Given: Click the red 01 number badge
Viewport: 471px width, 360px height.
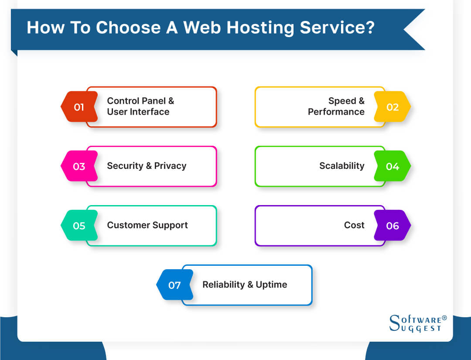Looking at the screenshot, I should pos(79,107).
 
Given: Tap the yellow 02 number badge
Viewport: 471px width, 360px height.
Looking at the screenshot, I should pos(392,107).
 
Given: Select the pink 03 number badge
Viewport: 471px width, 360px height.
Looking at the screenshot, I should pos(79,166).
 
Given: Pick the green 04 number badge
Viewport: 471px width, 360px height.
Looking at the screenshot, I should pos(392,166).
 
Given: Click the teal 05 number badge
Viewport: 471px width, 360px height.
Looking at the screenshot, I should pos(79,226).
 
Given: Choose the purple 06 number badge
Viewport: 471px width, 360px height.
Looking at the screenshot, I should pos(392,226).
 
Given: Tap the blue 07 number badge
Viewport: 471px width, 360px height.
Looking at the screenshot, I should pos(174,285).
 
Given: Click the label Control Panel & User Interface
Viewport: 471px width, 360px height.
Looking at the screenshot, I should pos(140,106).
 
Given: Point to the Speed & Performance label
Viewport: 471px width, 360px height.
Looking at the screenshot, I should pos(336,106).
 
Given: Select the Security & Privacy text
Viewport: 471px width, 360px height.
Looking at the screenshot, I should pos(147,166).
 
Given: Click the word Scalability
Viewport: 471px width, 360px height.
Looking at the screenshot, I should pos(341,166).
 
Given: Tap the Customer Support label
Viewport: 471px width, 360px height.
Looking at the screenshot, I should pos(147,225).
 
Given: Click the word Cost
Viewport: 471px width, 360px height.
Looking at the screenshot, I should pos(354,225).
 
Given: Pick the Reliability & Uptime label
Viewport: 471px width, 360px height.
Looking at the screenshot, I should pos(245,285).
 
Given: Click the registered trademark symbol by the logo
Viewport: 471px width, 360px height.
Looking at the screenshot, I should pos(444,318).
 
